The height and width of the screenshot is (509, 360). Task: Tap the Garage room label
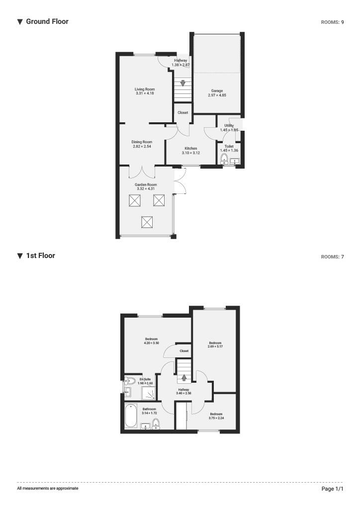pos(217,91)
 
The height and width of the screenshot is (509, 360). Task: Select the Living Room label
pos(145,89)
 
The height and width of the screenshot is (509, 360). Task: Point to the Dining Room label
pos(142,142)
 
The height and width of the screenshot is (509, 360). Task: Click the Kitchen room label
pos(191,149)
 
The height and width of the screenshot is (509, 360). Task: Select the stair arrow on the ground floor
pos(183,83)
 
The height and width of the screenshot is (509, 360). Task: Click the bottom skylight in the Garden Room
pos(147,222)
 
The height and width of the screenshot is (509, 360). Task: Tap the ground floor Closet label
pos(183,113)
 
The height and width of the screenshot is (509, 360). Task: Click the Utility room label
pos(229,126)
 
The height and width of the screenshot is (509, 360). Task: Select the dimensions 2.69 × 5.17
pos(215,346)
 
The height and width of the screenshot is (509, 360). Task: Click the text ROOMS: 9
pos(333,22)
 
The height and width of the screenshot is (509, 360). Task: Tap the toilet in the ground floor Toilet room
pos(224,160)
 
